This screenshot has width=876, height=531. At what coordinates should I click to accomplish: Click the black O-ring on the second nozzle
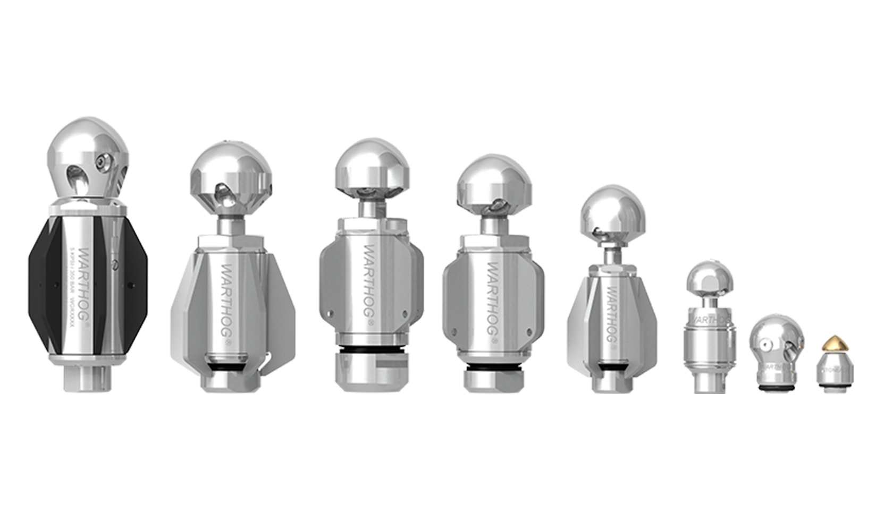coord(227,368)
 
